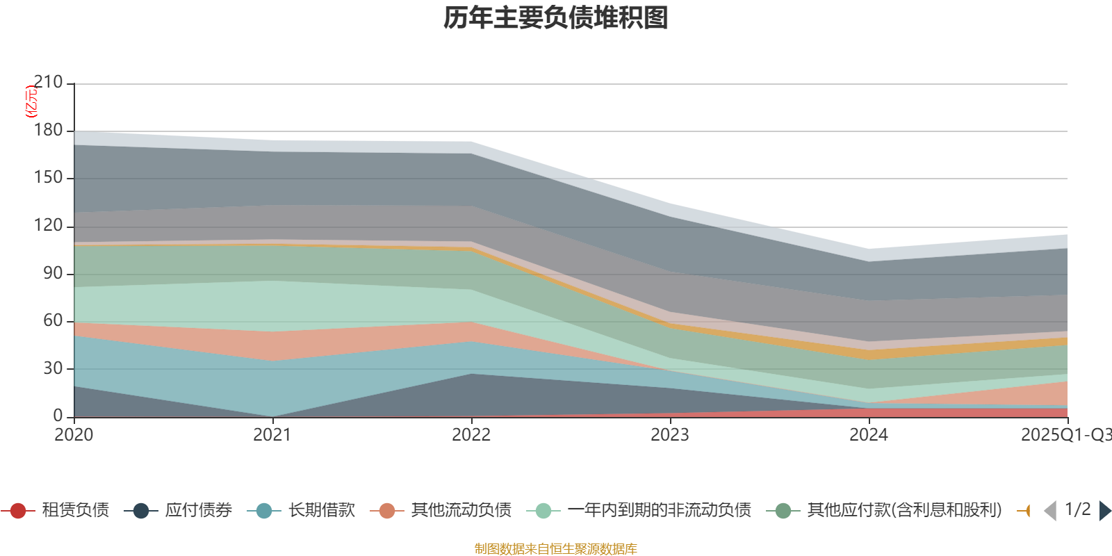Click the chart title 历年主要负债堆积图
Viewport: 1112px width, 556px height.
pos(556,18)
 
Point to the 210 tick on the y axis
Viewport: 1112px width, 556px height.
pos(48,83)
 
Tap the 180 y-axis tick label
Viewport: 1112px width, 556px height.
pos(48,130)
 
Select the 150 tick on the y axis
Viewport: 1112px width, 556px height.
pos(48,177)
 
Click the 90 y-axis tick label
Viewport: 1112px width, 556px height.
pos(53,273)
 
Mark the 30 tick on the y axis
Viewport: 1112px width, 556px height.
pos(53,368)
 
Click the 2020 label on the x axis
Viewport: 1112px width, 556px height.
pos(74,435)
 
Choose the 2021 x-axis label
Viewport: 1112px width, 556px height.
pos(272,435)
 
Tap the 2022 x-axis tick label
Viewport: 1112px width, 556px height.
pos(471,435)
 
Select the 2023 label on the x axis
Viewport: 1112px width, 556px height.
pos(670,435)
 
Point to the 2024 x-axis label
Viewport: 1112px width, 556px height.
pos(869,435)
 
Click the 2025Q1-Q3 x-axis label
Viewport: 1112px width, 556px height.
pos(1065,435)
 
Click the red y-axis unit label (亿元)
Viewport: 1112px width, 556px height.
pos(31,101)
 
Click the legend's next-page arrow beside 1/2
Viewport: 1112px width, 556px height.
pos(1104,511)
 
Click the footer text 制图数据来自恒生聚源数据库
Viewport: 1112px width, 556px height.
pos(556,549)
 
